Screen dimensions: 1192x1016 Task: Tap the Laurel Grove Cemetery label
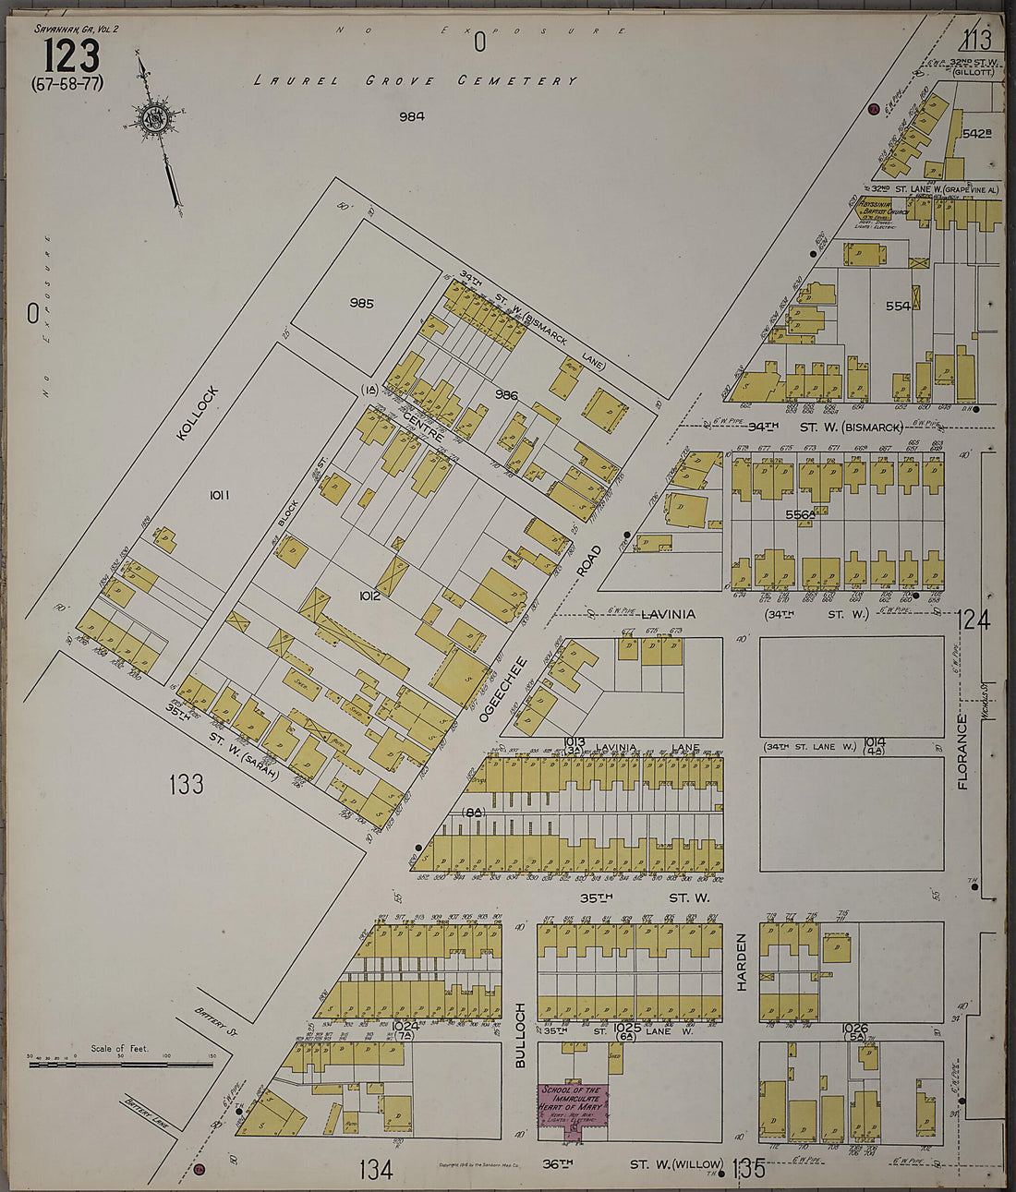click(416, 81)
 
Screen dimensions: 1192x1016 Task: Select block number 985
click(361, 303)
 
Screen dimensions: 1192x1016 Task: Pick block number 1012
click(370, 596)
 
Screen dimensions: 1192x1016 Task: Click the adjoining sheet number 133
click(186, 785)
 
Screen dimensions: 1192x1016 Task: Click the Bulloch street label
click(520, 1035)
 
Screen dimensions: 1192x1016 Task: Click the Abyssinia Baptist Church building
click(881, 212)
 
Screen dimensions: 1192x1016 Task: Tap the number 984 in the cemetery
click(411, 116)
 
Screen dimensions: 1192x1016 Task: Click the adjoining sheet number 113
click(975, 40)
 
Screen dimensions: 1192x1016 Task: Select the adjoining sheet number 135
click(748, 1169)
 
